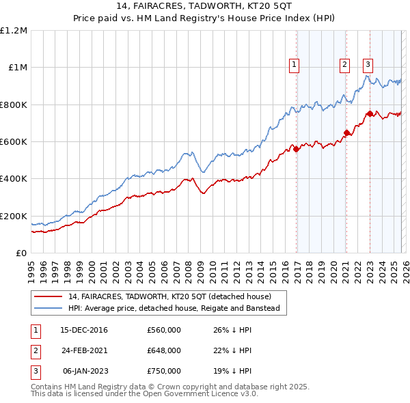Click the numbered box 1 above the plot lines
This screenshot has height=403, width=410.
pyautogui.click(x=295, y=65)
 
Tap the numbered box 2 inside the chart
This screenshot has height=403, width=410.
pyautogui.click(x=344, y=65)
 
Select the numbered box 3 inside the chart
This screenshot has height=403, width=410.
pyautogui.click(x=368, y=65)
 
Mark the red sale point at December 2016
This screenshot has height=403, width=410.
pyautogui.click(x=296, y=150)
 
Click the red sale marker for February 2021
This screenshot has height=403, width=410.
pyautogui.click(x=346, y=133)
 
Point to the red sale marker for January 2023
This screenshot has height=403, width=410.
pyautogui.click(x=370, y=114)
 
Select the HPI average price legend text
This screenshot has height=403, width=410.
pyautogui.click(x=174, y=309)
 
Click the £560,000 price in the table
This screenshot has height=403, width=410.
pyautogui.click(x=163, y=330)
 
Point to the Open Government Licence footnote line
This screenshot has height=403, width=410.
pyautogui.click(x=145, y=394)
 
